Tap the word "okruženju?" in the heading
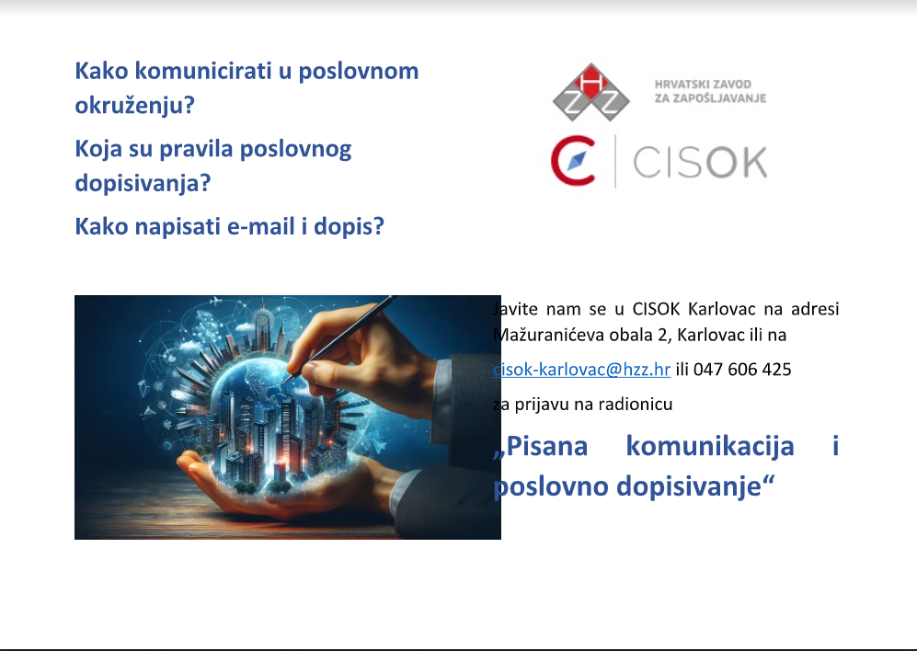tap(135, 105)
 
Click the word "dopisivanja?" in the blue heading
tap(143, 183)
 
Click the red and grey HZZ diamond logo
tap(590, 92)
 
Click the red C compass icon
tap(574, 160)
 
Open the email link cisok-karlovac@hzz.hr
tap(582, 370)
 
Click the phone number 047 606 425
tap(742, 370)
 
